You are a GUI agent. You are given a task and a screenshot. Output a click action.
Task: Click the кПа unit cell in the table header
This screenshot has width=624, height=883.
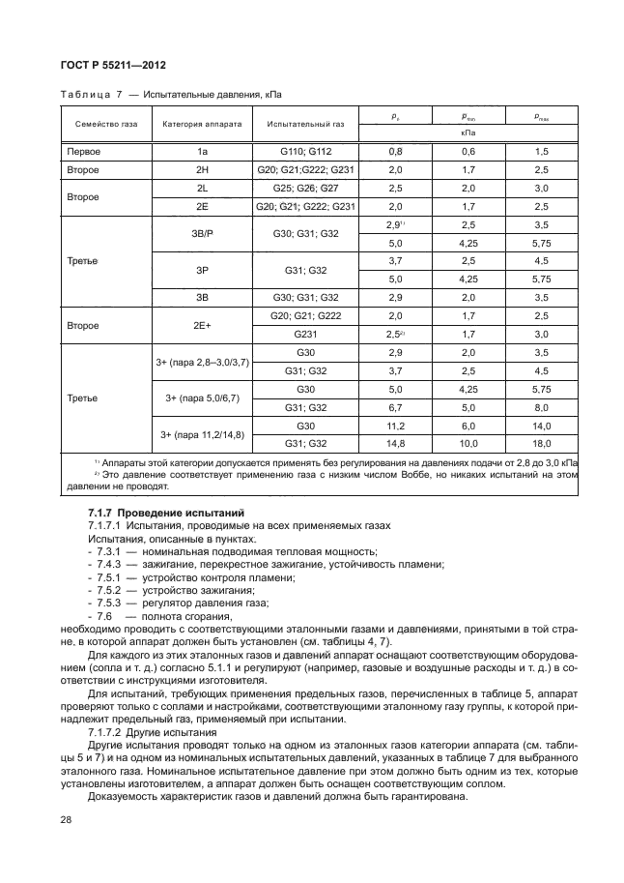tap(468, 132)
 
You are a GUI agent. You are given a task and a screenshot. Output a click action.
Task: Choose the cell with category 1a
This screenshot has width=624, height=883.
tap(202, 152)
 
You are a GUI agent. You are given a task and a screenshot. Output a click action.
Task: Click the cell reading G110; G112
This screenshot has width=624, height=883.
tap(305, 152)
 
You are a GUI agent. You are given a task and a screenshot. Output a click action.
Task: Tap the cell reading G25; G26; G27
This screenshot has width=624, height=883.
tap(305, 188)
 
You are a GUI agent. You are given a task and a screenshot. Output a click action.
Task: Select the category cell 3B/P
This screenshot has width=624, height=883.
tap(202, 233)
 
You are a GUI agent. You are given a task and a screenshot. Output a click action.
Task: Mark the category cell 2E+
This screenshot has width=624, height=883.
tap(202, 326)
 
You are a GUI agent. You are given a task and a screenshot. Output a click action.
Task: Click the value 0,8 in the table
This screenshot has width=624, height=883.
tap(394, 152)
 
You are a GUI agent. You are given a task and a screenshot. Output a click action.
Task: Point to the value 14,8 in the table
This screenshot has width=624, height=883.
tap(394, 444)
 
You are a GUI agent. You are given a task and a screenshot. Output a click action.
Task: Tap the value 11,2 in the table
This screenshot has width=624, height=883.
tap(394, 426)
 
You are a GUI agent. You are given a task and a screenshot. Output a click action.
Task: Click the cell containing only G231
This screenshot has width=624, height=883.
tap(305, 335)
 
